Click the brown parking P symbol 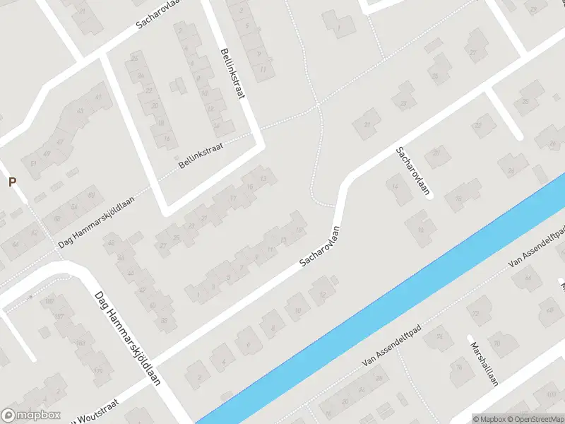[11, 182]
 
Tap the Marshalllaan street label [484, 364]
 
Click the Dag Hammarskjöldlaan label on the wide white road [128, 339]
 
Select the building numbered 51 [33, 164]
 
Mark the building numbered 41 [98, 98]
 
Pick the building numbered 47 [59, 141]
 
